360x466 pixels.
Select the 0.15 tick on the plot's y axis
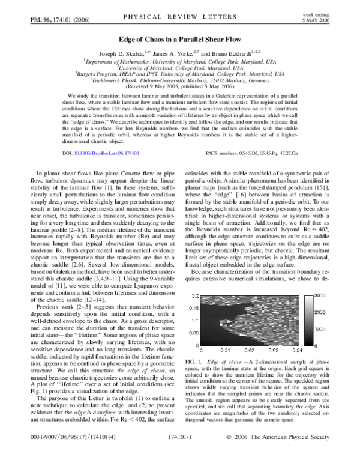pyautogui.click(x=194, y=308)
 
